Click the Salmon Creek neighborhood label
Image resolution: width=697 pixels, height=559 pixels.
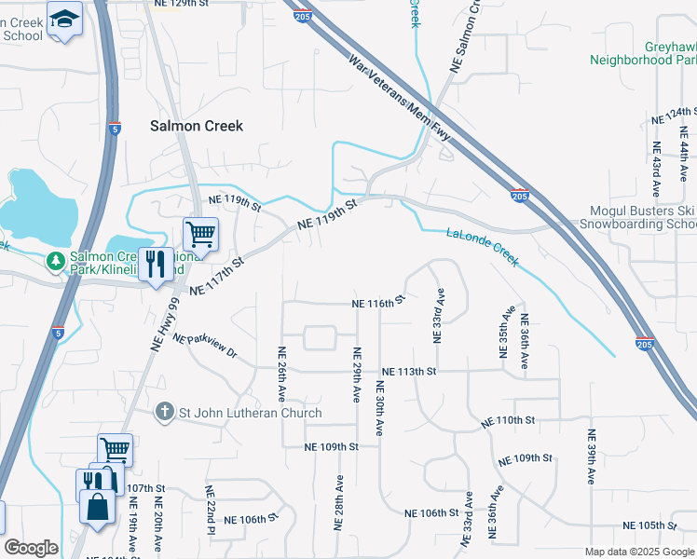[197, 126]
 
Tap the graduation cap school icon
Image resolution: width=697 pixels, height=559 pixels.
[64, 19]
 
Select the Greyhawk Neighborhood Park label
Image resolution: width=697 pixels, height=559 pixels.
[643, 52]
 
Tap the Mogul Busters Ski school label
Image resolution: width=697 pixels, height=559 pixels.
[643, 218]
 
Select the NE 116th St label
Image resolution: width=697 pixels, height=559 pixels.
[379, 302]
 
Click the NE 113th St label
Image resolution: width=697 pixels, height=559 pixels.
[408, 371]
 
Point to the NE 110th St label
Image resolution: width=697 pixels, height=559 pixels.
[508, 422]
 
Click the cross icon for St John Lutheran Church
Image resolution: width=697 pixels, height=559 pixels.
[165, 412]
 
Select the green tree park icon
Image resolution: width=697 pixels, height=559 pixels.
[56, 261]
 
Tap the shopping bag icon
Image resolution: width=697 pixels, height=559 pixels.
[98, 506]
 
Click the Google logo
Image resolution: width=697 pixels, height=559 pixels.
[31, 548]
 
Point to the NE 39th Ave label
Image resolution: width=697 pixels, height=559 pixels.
[591, 457]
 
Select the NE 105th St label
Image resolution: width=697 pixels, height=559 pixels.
[665, 525]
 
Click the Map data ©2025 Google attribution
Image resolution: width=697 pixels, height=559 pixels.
[638, 552]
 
